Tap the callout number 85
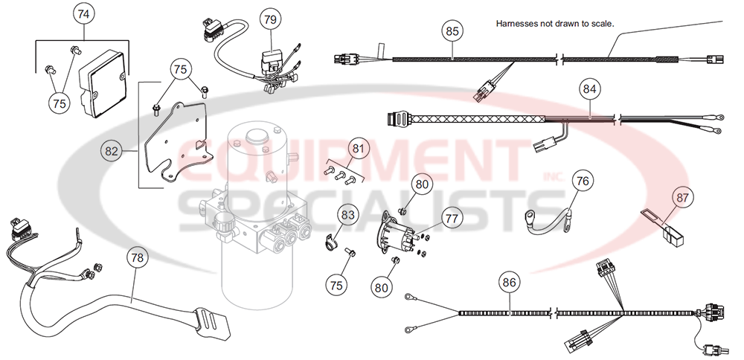tap(452, 31)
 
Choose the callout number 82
tap(112, 151)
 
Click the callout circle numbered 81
tap(359, 149)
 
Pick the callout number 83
tap(348, 215)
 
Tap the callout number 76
tap(583, 180)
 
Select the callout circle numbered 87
tap(682, 198)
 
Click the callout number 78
tap(135, 257)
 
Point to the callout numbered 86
tap(509, 283)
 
